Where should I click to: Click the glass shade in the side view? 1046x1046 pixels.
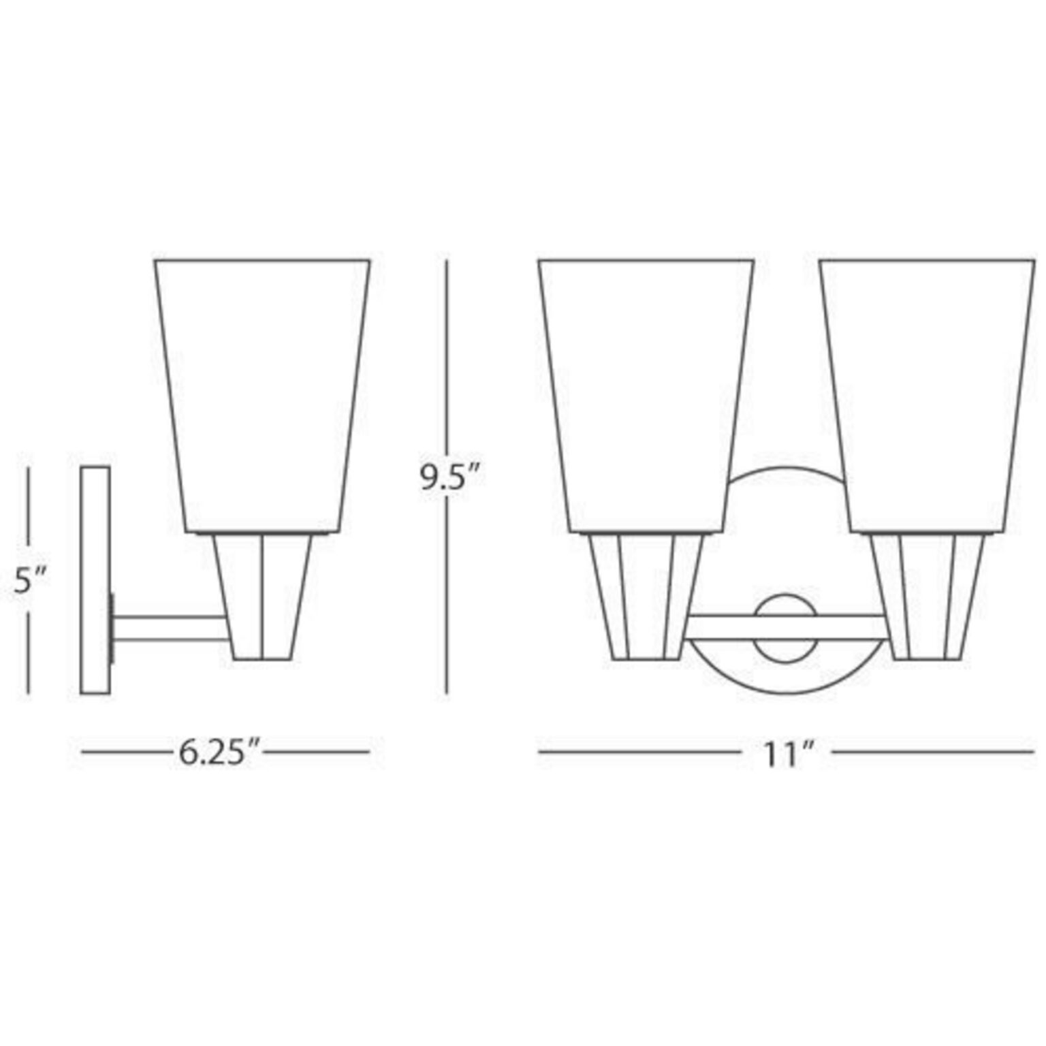[x=262, y=396]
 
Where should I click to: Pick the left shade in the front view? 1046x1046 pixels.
[x=646, y=396]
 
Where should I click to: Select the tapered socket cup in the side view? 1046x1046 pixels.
[x=262, y=597]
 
